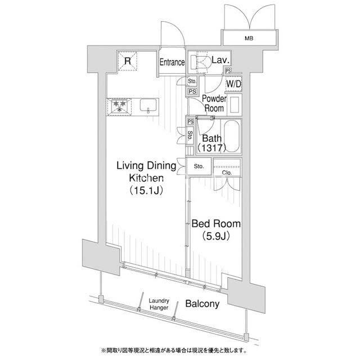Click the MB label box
tap(249, 38)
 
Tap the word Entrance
tap(172, 62)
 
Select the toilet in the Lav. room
tap(200, 62)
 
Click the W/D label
tap(234, 84)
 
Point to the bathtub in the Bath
tap(232, 136)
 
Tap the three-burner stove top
tap(119, 107)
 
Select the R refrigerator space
tap(128, 61)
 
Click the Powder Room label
tap(214, 103)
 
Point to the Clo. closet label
tap(227, 173)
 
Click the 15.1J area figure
tap(146, 191)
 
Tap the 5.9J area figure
tap(216, 236)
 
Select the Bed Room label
tap(216, 224)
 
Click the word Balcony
tap(202, 304)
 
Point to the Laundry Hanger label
tap(159, 304)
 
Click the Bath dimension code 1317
tap(212, 148)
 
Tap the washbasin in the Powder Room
tap(235, 105)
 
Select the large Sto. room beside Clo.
tap(199, 166)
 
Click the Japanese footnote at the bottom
tap(174, 350)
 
